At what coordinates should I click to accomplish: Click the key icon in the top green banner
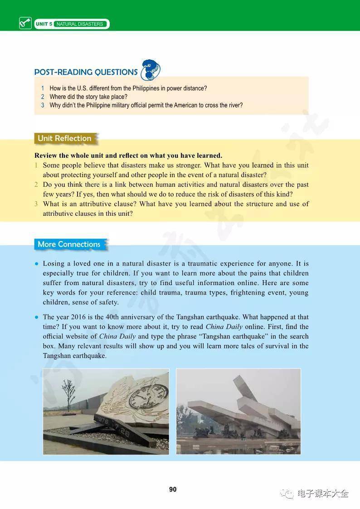25,24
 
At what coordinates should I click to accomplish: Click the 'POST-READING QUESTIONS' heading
86,72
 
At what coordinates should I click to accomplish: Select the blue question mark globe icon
151,70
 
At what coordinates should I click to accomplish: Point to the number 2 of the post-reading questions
43,97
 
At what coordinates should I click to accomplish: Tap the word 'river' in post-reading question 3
234,105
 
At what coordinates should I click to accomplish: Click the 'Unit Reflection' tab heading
64,138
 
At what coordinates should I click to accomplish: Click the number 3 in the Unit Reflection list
36,204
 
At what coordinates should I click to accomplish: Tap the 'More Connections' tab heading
69,244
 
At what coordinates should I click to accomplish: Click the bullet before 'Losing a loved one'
36,264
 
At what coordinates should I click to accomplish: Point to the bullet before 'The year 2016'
36,317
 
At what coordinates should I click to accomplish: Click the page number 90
173,490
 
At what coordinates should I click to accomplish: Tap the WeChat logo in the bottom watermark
287,493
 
